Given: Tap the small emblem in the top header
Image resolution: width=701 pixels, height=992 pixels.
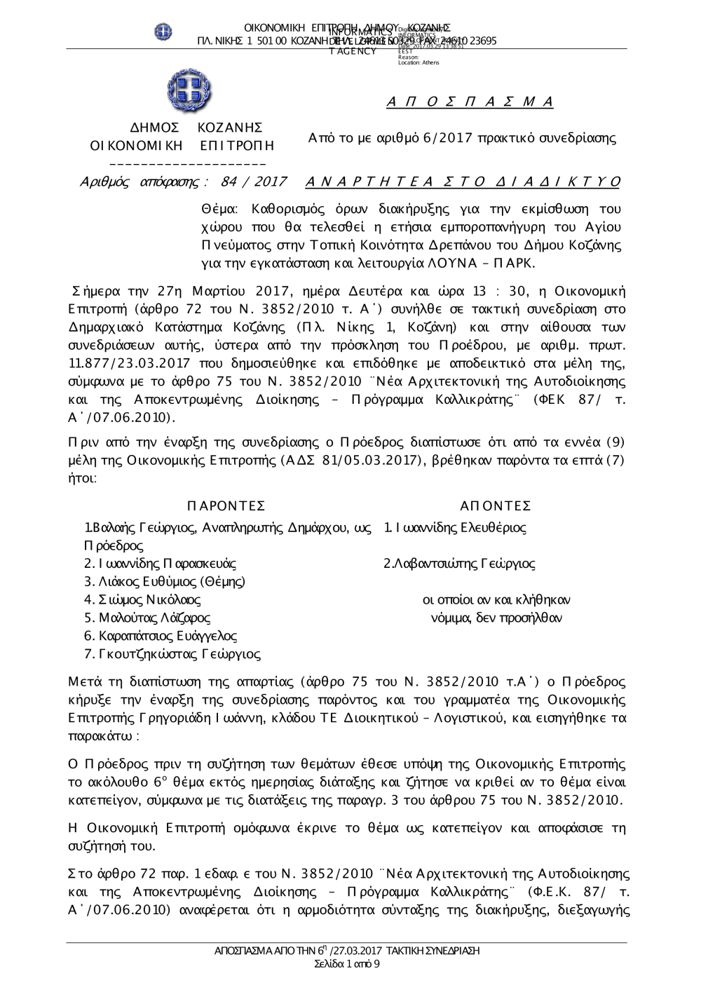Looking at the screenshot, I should pyautogui.click(x=163, y=32).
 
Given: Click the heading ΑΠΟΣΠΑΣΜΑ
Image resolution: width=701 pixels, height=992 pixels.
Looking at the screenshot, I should pyautogui.click(x=470, y=102).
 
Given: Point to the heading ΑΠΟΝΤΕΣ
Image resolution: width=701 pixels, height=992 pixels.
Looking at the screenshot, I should pyautogui.click(x=496, y=506).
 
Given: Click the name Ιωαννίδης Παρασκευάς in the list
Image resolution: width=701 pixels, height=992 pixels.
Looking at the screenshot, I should pyautogui.click(x=160, y=564).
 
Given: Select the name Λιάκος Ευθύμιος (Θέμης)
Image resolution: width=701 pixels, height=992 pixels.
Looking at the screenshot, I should pyautogui.click(x=165, y=582).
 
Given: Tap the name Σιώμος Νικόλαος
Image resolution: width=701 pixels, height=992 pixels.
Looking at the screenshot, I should pyautogui.click(x=142, y=600).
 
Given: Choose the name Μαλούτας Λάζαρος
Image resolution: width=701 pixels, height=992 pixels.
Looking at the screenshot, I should pyautogui.click(x=147, y=618).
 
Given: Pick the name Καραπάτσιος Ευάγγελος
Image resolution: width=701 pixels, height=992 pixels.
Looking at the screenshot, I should pyautogui.click(x=161, y=637).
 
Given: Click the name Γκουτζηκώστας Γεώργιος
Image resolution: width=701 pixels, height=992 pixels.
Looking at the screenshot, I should pyautogui.click(x=172, y=655).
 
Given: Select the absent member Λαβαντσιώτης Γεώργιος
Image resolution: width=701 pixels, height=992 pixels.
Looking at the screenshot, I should pyautogui.click(x=459, y=564).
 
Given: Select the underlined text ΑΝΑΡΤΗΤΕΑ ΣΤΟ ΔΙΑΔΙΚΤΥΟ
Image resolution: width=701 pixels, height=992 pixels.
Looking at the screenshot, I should pyautogui.click(x=463, y=182).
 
